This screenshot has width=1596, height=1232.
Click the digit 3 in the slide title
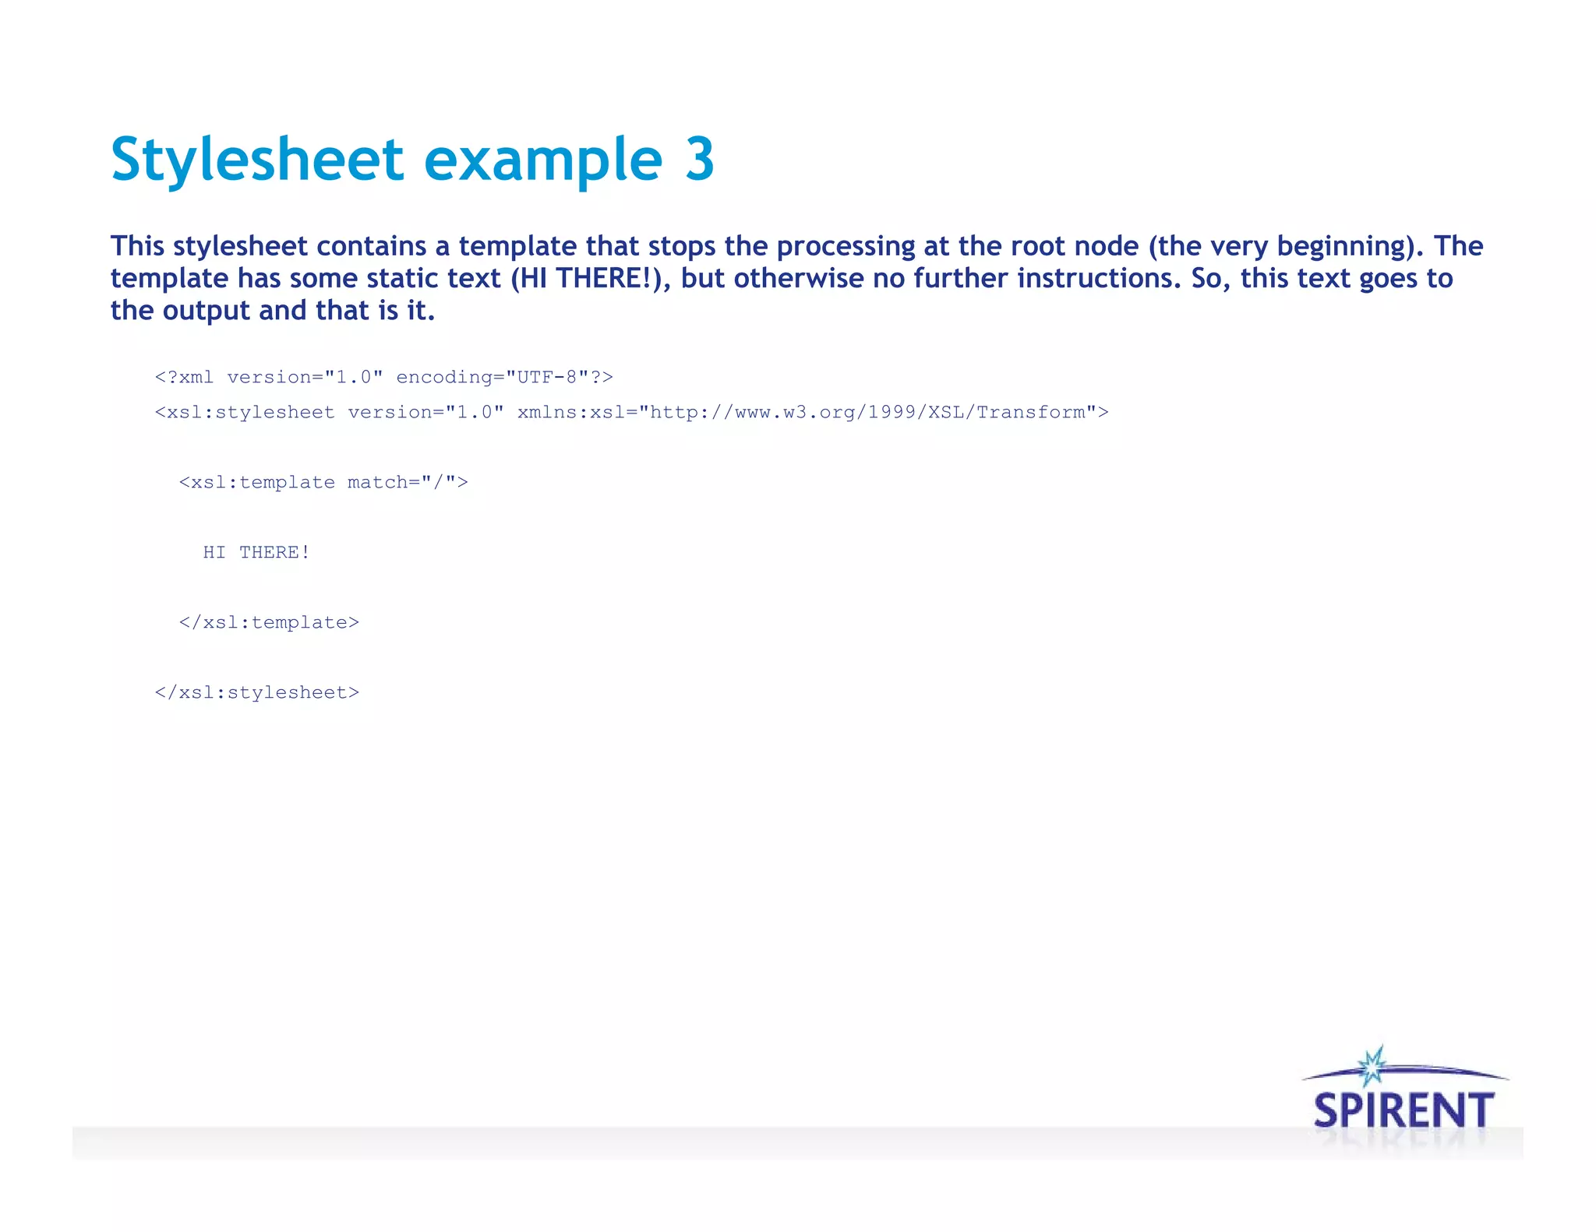point(699,160)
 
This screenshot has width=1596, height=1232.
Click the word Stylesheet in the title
point(257,160)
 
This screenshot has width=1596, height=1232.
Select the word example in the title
point(543,160)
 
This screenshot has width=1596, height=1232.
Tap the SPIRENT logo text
point(1404,1111)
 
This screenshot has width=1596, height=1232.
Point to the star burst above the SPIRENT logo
point(1372,1066)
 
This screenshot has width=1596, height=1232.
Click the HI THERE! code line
point(256,552)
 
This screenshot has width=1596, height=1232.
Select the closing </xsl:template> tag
point(269,622)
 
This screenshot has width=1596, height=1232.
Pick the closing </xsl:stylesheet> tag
point(257,692)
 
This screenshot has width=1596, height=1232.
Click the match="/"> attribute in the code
point(408,482)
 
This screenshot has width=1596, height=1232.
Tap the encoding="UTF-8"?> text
point(504,377)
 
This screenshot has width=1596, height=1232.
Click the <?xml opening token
point(184,377)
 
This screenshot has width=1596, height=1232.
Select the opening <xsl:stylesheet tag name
point(245,412)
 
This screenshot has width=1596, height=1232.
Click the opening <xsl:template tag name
point(257,482)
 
